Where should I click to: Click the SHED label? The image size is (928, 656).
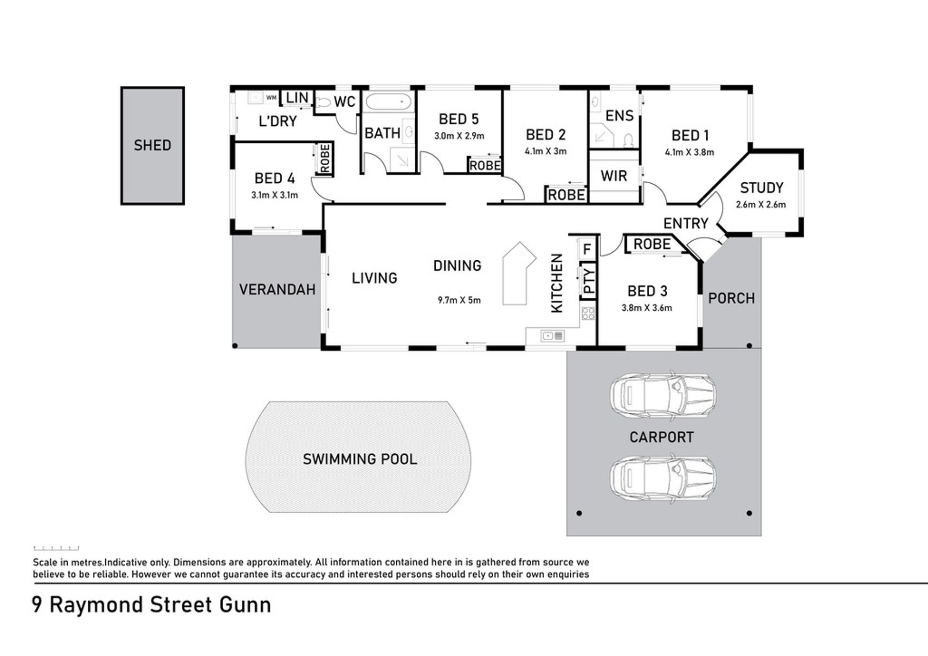click(152, 145)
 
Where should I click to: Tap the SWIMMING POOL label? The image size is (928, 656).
click(360, 459)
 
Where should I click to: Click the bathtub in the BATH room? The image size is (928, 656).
click(387, 102)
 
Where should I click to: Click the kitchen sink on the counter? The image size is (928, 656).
click(553, 335)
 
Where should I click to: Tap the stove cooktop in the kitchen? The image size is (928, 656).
click(588, 314)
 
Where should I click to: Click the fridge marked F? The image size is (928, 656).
click(586, 249)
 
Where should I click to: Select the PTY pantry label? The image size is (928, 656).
click(588, 281)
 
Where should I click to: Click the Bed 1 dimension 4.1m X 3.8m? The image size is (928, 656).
click(689, 152)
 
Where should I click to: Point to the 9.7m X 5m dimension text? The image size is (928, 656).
click(459, 300)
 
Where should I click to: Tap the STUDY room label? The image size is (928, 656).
click(761, 188)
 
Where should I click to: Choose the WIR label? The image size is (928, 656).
click(613, 176)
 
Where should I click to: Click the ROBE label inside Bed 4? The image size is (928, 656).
click(325, 158)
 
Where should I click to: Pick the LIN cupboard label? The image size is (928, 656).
click(297, 98)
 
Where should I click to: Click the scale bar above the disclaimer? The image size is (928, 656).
click(56, 548)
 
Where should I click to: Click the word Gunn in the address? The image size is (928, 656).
click(245, 605)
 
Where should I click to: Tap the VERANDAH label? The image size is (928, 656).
click(277, 289)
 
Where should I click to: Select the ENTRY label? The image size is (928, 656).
click(685, 224)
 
